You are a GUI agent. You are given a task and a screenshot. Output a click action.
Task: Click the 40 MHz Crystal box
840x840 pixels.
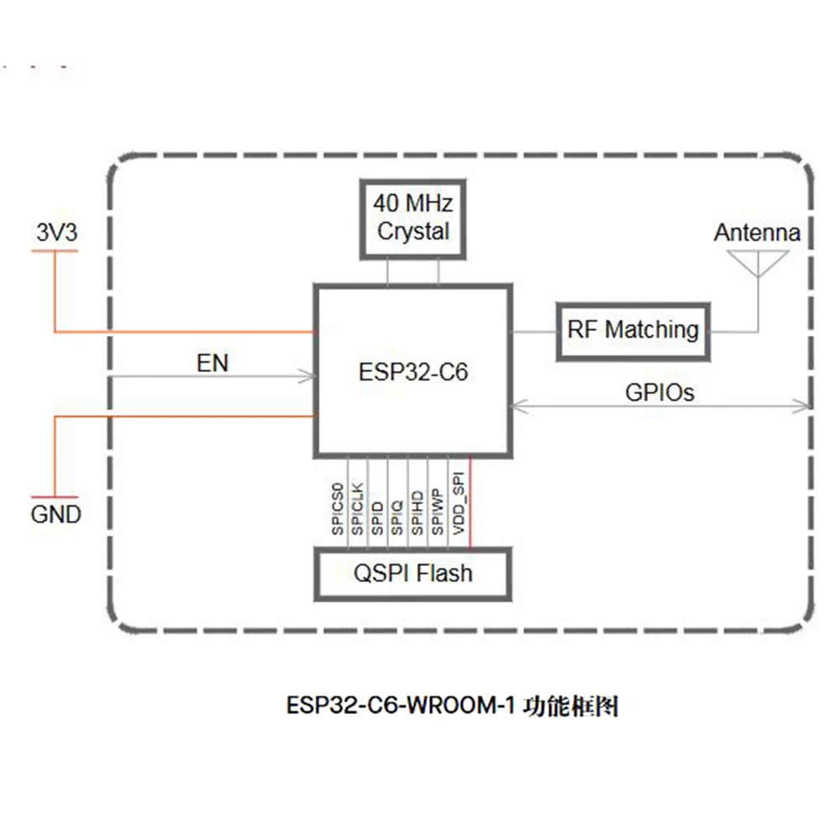pyautogui.click(x=413, y=218)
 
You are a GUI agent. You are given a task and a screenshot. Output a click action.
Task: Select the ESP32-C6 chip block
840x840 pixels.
pyautogui.click(x=412, y=370)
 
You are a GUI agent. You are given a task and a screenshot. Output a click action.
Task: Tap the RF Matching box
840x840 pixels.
pyautogui.click(x=633, y=329)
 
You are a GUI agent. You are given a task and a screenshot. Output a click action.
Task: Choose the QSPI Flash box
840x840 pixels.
pyautogui.click(x=412, y=574)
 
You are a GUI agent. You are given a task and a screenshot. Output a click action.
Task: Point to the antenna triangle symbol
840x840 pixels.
pyautogui.click(x=758, y=263)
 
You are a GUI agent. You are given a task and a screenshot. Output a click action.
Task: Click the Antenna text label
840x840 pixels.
pyautogui.click(x=757, y=233)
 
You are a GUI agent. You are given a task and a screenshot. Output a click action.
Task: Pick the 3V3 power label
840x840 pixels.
pyautogui.click(x=56, y=233)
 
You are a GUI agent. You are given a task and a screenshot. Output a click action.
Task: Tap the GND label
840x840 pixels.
pyautogui.click(x=56, y=513)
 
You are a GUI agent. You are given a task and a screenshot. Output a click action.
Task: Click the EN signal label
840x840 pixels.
pyautogui.click(x=212, y=363)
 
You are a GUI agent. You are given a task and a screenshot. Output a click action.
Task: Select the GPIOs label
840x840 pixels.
pyautogui.click(x=659, y=391)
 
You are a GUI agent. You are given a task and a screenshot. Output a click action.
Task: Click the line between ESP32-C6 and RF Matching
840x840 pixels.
pyautogui.click(x=534, y=331)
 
